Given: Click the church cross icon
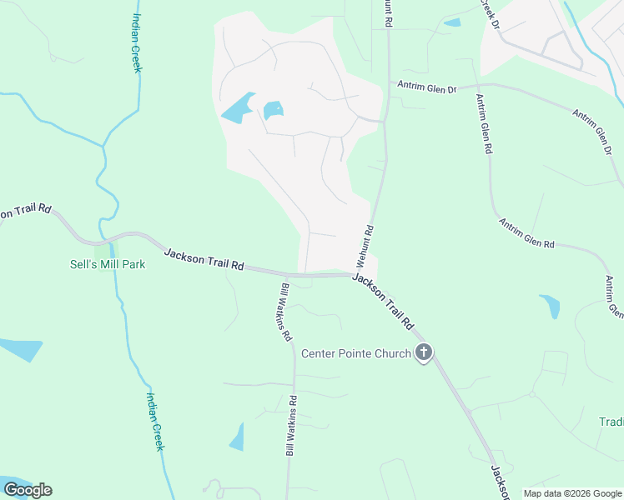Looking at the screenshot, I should click(424, 352).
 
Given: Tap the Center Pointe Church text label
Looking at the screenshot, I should click(356, 353).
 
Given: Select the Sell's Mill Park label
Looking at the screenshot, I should click(108, 264).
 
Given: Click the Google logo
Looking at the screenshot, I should click(28, 490).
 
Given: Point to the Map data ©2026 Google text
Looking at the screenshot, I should click(571, 493).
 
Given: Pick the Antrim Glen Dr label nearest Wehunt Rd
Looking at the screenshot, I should click(427, 84).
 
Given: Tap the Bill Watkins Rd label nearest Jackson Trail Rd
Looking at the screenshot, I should click(285, 312).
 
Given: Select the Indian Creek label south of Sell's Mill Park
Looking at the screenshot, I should click(155, 421).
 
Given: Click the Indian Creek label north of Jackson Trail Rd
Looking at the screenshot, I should click(137, 42).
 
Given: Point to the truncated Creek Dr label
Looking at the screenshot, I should click(489, 15).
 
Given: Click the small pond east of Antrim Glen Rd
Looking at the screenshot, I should click(551, 306).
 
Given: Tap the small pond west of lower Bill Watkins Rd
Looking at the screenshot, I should click(238, 437).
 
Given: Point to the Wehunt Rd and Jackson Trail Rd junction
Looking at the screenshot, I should click(356, 273).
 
